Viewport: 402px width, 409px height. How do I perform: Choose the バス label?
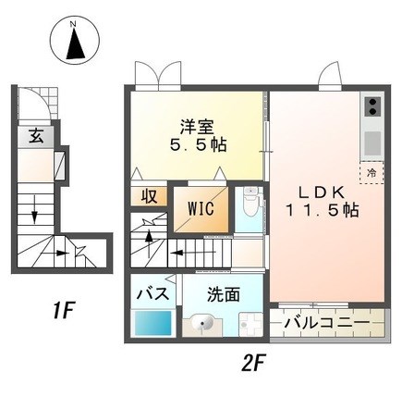pos(152,294)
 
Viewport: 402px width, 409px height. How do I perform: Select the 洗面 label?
pos(224,295)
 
